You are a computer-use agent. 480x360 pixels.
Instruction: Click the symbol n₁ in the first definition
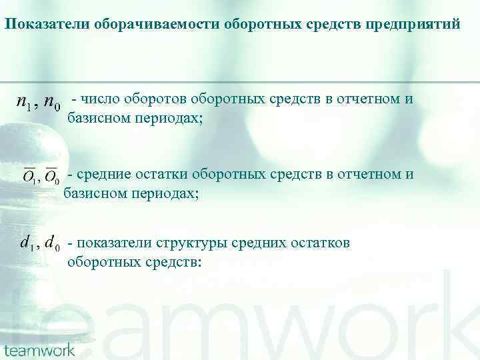pos(26,104)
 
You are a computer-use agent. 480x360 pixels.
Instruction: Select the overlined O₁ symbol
pos(30,176)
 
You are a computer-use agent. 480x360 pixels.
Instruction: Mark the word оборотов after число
pos(154,99)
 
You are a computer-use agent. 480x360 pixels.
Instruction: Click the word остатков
pos(320,243)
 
